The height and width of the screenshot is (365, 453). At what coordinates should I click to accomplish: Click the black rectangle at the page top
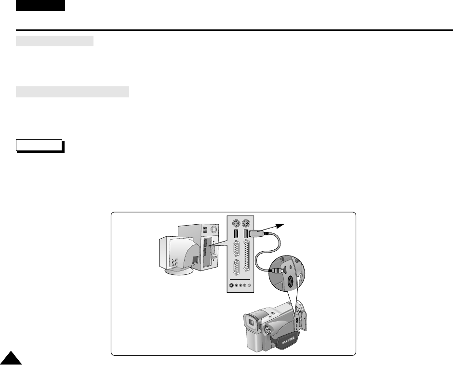pos(40,5)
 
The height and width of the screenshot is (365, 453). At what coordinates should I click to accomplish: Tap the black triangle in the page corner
pos(9,357)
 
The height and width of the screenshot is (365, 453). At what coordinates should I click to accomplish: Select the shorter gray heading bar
pos(54,41)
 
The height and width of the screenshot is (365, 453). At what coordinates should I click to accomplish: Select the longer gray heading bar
pos(72,92)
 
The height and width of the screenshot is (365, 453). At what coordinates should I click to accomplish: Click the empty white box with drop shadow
pos(39,145)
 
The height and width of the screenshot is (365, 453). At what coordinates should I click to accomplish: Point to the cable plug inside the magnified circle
pos(275,270)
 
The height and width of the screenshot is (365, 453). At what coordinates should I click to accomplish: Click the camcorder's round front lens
pos(267,331)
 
